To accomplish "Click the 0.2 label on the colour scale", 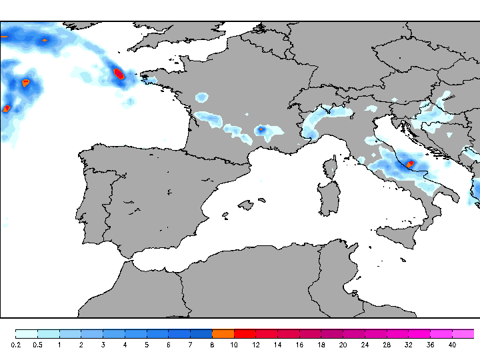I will [16, 345].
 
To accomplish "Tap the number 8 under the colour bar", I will [211, 345].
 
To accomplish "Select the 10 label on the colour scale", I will [233, 345].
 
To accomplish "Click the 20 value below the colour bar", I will [343, 345].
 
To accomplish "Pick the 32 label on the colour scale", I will [408, 345].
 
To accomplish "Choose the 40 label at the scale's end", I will [452, 345].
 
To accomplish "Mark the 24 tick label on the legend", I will [365, 345].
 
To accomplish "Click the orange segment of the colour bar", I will [223, 333].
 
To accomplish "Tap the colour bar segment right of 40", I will [463, 333].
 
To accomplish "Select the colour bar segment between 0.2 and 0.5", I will [27, 333].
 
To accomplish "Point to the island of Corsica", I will [330, 167].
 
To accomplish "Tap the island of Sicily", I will [400, 235].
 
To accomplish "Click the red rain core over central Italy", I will [410, 163].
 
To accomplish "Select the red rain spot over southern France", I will [262, 129].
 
